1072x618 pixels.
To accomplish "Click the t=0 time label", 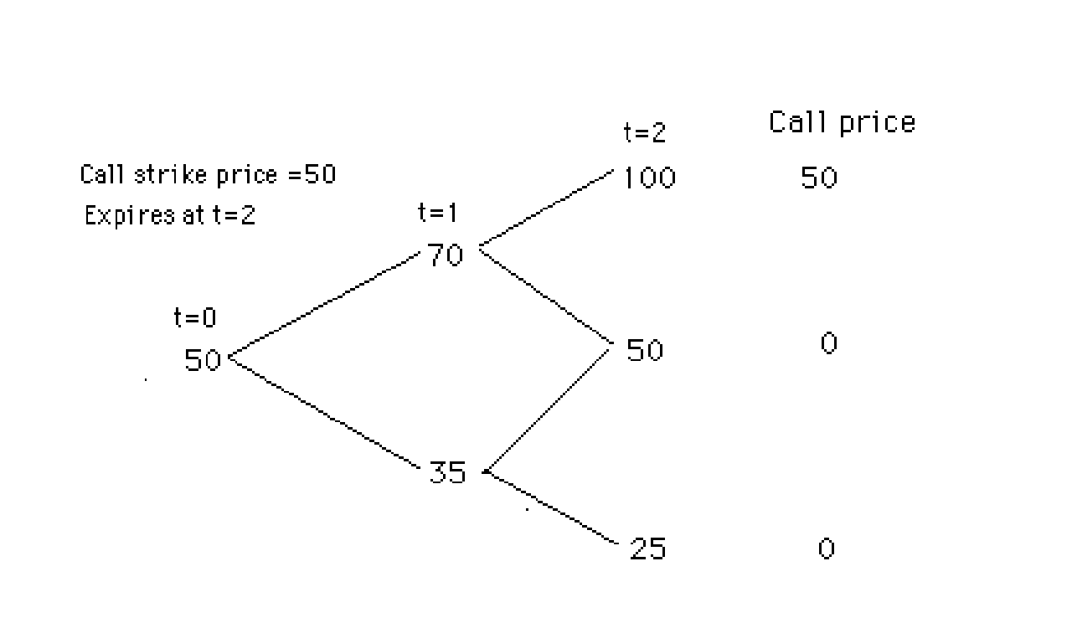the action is pos(194,317).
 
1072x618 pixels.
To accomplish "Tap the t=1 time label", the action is pos(438,213).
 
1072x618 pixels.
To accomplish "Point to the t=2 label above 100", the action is pos(644,132).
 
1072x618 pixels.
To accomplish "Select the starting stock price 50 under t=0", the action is pos(203,360).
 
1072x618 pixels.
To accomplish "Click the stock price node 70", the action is pos(446,255).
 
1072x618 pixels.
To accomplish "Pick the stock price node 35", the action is pos(447,473).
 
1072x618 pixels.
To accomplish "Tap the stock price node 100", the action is pos(650,178).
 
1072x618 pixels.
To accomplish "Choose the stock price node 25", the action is pos(647,549).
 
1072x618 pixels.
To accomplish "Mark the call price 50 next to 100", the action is pos(818,178).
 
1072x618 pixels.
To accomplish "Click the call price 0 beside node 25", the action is pos(826,549).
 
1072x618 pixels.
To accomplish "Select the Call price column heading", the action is pos(842,122).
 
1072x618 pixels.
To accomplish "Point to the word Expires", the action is pos(118,215).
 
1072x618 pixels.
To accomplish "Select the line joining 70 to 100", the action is pos(546,209).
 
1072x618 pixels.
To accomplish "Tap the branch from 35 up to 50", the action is pos(549,409).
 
